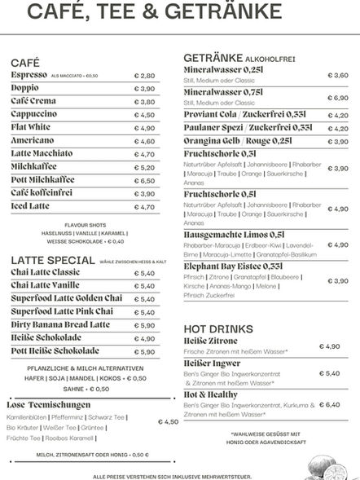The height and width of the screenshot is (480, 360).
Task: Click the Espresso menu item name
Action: [29, 75]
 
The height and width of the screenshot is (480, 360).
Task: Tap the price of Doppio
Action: [144, 89]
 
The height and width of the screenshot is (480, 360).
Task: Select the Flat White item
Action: [31, 128]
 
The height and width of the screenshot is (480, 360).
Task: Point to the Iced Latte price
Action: [144, 207]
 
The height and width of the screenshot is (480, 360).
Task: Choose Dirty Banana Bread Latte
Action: [60, 325]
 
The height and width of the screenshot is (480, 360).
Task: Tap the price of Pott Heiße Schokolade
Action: [144, 352]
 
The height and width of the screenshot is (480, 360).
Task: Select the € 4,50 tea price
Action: [167, 422]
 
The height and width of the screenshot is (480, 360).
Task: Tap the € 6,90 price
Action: [338, 98]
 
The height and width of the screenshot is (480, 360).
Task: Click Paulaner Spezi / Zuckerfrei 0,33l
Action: [248, 128]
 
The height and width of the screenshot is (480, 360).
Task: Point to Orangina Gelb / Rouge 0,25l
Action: [237, 140]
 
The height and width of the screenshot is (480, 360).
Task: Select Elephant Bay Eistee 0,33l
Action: [234, 266]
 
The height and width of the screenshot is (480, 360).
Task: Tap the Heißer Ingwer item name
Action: [213, 363]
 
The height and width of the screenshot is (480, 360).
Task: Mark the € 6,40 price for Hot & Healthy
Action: [330, 404]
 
